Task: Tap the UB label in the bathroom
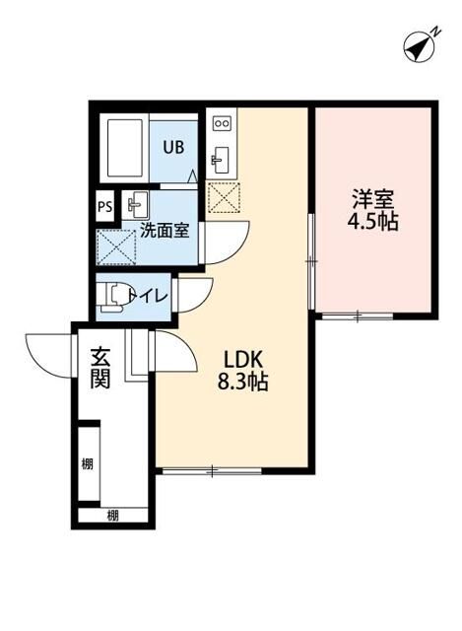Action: point(173,148)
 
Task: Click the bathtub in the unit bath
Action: point(125,148)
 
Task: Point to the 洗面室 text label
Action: point(165,231)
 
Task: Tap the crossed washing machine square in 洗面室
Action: point(114,246)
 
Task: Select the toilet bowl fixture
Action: point(115,295)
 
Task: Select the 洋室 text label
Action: point(373,196)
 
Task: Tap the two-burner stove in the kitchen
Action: point(222,125)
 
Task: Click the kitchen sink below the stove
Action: point(221,158)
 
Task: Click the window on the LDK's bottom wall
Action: point(210,470)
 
